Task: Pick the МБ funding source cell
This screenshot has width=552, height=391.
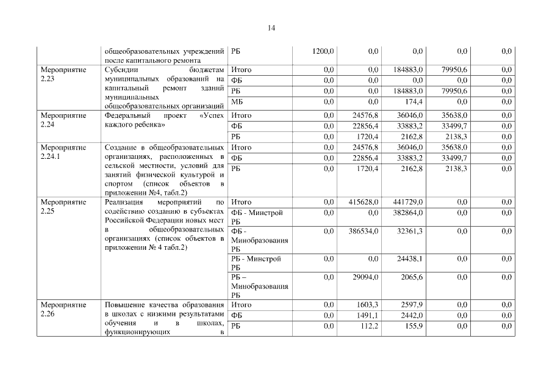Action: coord(237,101)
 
